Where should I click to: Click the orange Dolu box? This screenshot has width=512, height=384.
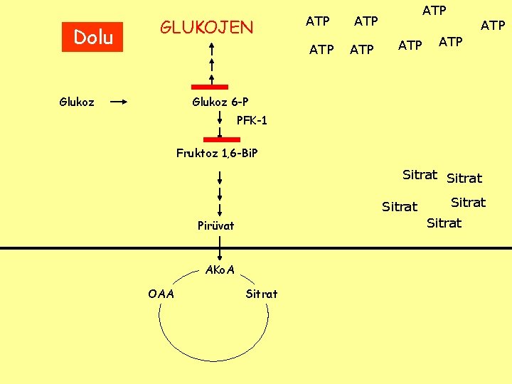point(93,37)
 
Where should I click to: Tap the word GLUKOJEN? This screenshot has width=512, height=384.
point(206,28)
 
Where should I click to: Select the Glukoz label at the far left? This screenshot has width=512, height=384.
point(77,102)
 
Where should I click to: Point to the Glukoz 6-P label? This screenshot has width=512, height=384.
point(220,102)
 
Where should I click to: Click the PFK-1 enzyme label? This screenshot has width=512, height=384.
point(252,121)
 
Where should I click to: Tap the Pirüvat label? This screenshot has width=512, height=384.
point(215,226)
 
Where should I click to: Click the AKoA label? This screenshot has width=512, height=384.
point(220,270)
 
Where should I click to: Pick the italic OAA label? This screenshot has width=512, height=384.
point(161,294)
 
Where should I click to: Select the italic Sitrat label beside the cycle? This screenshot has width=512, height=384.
point(262,294)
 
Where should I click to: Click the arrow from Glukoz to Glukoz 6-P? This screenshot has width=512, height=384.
point(119,102)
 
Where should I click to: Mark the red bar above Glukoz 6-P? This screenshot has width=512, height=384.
point(211,87)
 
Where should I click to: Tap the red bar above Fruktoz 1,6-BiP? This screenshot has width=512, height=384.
point(221,139)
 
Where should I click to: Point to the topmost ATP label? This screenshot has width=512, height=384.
point(434,10)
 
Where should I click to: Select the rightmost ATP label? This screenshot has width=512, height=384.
point(493,26)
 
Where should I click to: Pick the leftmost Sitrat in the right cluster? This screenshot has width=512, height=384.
point(400,207)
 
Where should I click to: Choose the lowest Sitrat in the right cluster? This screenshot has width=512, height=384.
point(444,223)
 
